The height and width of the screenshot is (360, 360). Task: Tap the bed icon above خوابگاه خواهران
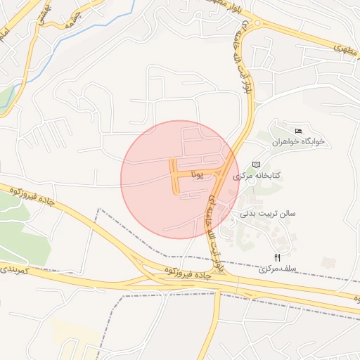299,131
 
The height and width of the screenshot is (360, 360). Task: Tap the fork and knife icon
277,257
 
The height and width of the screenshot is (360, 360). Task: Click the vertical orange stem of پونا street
174,177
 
